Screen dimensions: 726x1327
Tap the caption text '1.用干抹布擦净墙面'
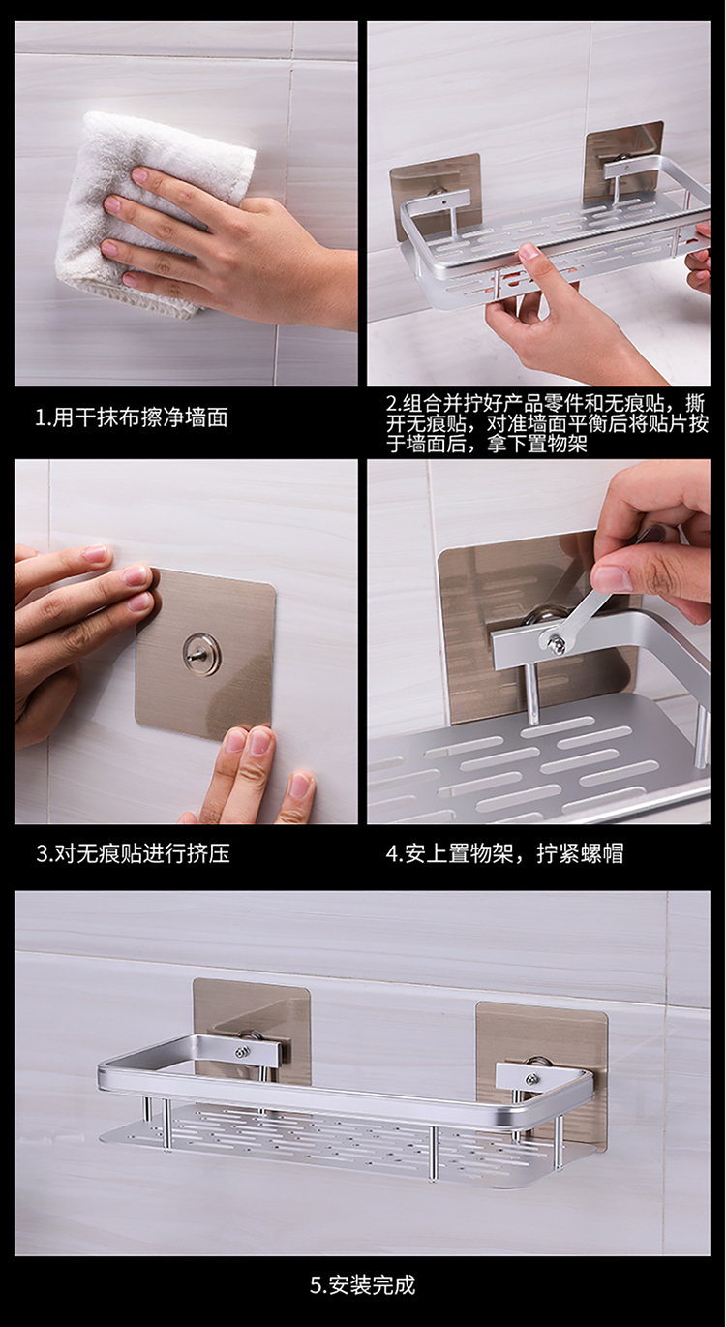132,417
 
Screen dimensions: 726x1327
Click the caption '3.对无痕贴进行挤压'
134,853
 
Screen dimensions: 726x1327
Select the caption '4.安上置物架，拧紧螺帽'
505,853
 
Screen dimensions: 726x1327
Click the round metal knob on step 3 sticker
200,651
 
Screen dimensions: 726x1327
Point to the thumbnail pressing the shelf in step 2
529,253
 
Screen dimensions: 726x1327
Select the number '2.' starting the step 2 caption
394,405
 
